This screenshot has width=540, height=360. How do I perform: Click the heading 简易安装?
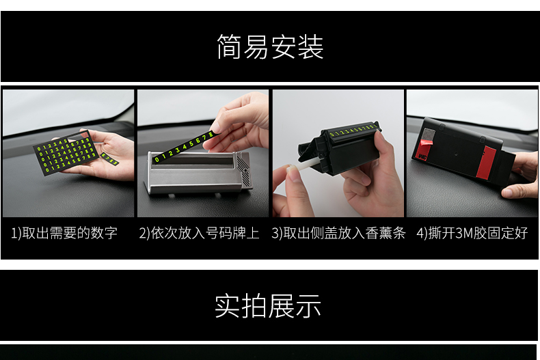[270, 47]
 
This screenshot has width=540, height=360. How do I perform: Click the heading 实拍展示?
[268, 305]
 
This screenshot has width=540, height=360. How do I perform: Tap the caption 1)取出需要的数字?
[64, 233]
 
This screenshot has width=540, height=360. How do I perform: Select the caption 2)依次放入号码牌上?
[199, 233]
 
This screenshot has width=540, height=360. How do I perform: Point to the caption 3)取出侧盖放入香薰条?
[338, 233]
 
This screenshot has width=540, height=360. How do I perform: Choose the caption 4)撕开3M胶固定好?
[472, 233]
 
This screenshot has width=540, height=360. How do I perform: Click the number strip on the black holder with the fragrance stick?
[353, 130]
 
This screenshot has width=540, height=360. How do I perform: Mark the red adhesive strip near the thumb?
[485, 163]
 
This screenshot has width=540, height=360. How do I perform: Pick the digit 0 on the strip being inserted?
[157, 159]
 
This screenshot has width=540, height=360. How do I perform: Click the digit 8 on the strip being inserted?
[211, 135]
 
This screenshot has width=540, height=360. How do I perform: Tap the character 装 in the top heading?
[310, 47]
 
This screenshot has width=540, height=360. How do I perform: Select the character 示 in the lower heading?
[308, 305]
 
